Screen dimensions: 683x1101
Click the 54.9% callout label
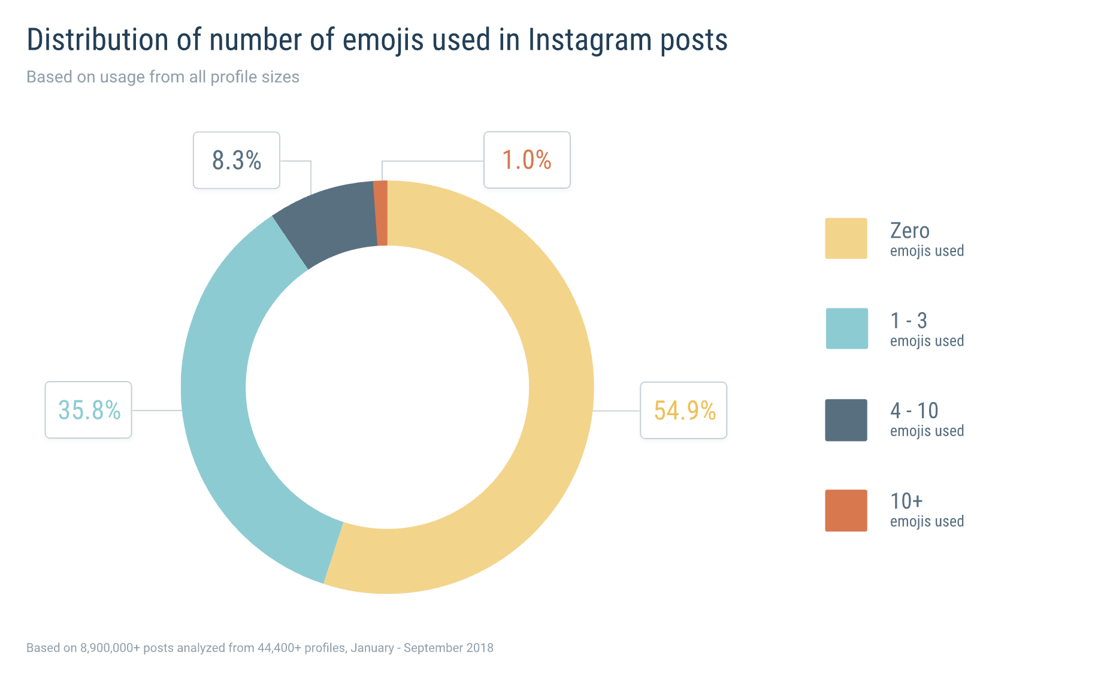click(x=683, y=410)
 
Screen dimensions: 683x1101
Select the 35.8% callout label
click(x=89, y=410)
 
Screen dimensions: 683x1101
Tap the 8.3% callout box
click(x=237, y=161)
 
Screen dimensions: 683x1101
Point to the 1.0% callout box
click(x=527, y=160)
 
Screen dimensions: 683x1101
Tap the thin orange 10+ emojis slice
click(x=381, y=213)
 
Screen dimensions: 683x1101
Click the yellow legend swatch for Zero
click(x=846, y=238)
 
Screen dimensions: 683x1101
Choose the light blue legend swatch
click(x=846, y=328)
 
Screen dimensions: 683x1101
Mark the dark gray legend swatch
click(x=846, y=420)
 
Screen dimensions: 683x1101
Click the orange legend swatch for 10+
click(x=846, y=510)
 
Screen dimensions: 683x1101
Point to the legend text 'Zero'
click(x=909, y=231)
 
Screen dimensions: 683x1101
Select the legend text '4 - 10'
click(x=914, y=411)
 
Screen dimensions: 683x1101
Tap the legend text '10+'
click(x=906, y=501)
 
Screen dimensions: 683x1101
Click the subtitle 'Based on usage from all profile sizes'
click(x=163, y=77)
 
